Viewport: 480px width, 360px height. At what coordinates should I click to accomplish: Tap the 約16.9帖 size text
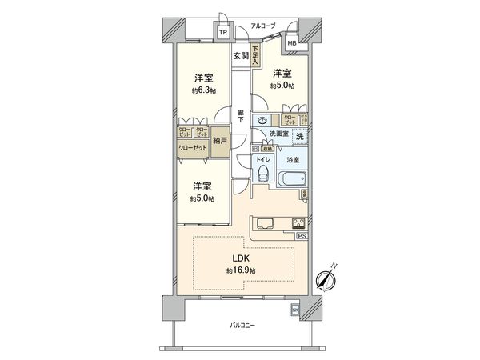pyautogui.click(x=240, y=271)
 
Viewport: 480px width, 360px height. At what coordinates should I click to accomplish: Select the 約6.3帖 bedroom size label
pyautogui.click(x=202, y=91)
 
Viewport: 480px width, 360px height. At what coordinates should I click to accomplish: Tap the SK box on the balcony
pyautogui.click(x=294, y=310)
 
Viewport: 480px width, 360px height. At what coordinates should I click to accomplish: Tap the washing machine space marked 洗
pyautogui.click(x=298, y=137)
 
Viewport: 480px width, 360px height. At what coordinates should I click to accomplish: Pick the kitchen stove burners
pyautogui.click(x=298, y=223)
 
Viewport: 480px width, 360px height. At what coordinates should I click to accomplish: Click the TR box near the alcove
pyautogui.click(x=223, y=33)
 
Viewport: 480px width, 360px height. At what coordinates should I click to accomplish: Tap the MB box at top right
pyautogui.click(x=291, y=42)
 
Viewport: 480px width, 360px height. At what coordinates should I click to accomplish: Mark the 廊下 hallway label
pyautogui.click(x=240, y=115)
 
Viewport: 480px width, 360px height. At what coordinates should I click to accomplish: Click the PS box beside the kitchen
pyautogui.click(x=301, y=236)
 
